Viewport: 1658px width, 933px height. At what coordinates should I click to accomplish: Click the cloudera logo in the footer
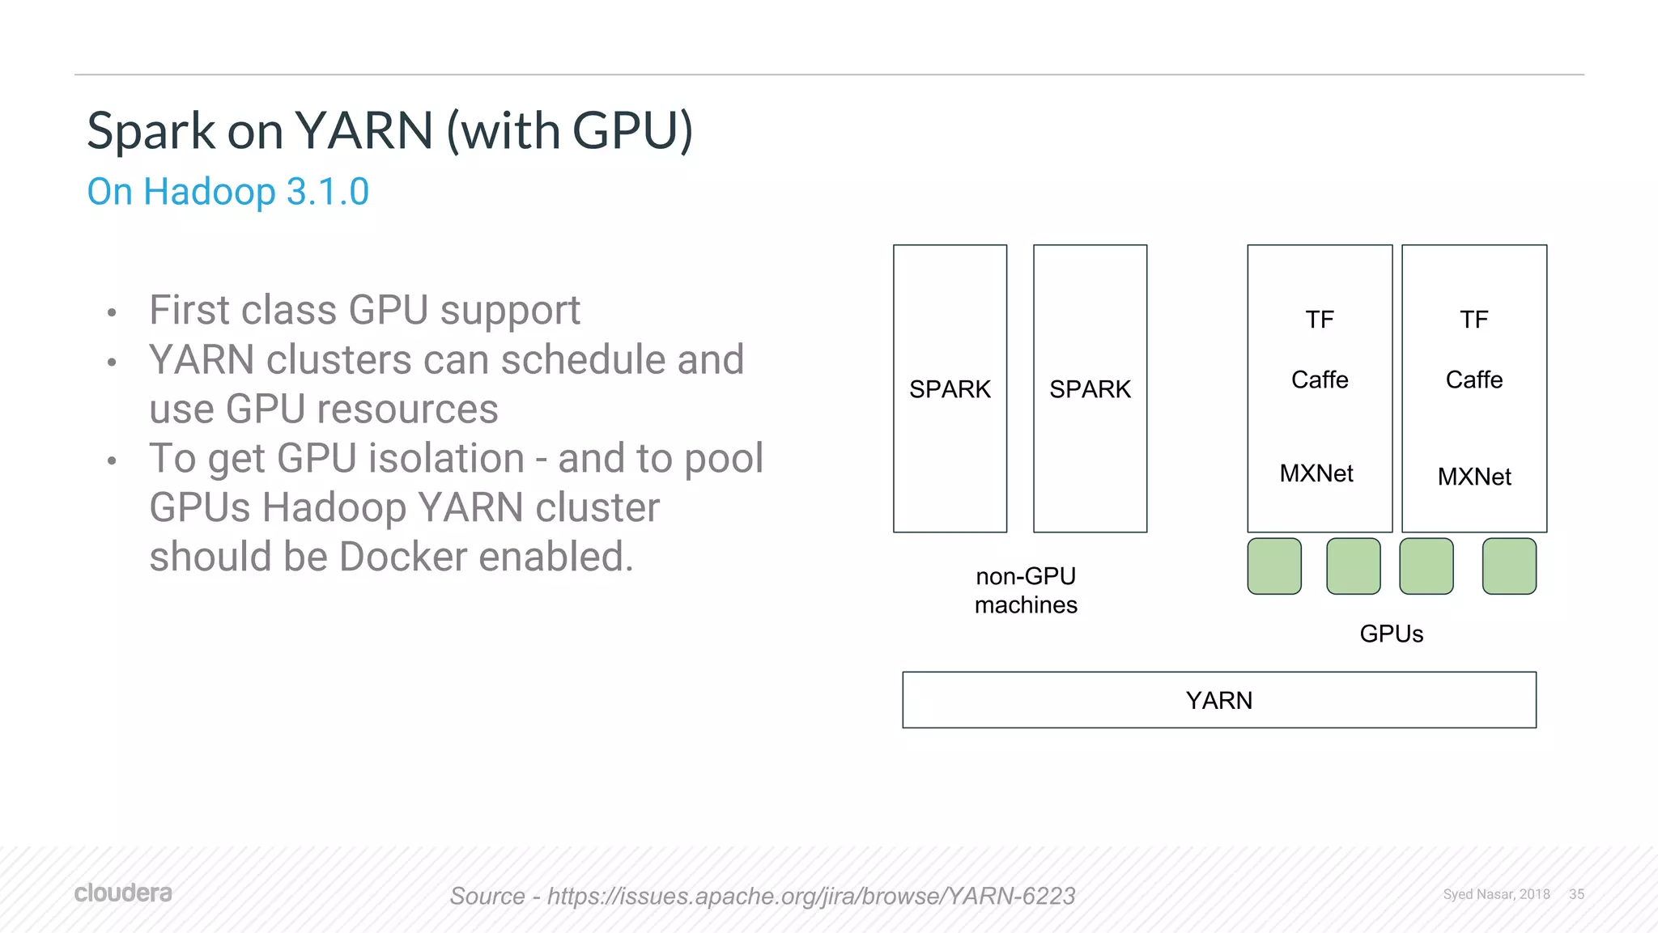tap(123, 893)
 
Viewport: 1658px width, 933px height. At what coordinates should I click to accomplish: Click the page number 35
tap(1576, 894)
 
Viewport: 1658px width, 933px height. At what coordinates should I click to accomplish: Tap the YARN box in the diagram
tap(1218, 700)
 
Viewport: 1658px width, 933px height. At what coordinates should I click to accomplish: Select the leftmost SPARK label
tap(950, 389)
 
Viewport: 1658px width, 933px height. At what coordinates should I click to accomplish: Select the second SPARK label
tap(1090, 389)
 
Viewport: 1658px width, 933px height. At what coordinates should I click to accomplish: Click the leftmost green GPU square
tap(1274, 566)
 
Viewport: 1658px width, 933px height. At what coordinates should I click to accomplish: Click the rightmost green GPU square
tap(1509, 566)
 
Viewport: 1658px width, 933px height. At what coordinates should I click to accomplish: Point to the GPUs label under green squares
tap(1391, 634)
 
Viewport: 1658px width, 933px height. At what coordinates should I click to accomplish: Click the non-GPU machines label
tap(1026, 591)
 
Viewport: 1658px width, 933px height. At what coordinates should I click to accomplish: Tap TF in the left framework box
tap(1320, 320)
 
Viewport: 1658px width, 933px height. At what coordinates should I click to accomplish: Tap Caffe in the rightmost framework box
tap(1473, 380)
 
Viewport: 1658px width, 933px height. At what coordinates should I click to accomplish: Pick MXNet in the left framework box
tap(1316, 473)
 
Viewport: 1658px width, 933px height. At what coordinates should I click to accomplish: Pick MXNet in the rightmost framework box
tap(1473, 477)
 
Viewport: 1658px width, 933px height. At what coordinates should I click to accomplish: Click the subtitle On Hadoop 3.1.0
tap(228, 192)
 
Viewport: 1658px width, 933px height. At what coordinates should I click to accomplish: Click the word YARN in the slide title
tap(363, 130)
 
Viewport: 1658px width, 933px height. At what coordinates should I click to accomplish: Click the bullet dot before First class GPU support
tap(112, 312)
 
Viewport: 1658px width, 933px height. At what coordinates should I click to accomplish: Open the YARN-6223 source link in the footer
tap(810, 896)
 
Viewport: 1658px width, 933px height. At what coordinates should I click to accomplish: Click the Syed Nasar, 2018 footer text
tap(1496, 894)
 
